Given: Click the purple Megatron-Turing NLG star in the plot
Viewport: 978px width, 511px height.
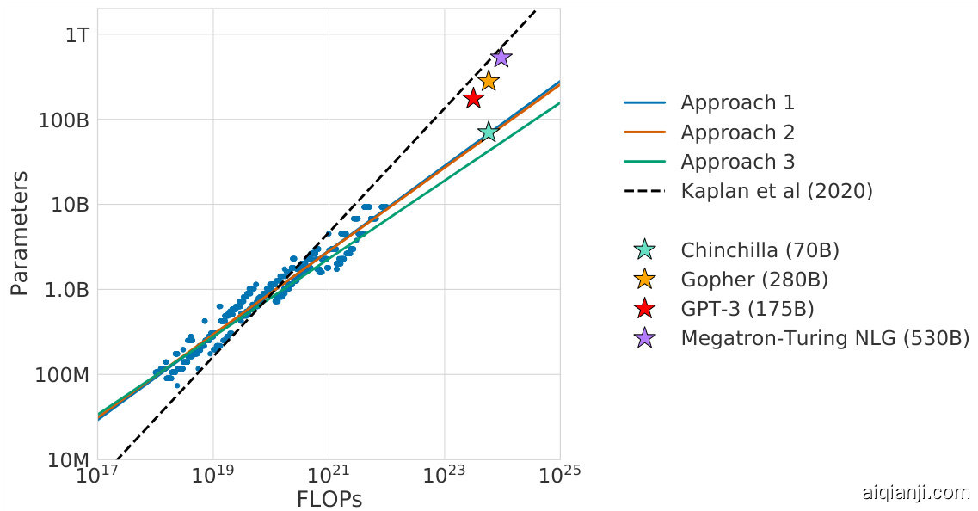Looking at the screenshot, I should (x=501, y=58).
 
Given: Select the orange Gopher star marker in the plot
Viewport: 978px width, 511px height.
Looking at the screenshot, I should (x=489, y=81).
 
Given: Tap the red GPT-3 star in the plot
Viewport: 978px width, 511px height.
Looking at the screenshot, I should (x=473, y=98).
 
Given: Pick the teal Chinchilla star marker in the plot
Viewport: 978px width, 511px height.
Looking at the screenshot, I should (x=489, y=132).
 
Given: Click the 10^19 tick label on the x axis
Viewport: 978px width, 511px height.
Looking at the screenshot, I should (x=212, y=476).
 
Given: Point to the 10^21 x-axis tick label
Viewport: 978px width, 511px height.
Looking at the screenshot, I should (x=328, y=476).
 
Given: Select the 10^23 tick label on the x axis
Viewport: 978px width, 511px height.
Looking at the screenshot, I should (x=444, y=476).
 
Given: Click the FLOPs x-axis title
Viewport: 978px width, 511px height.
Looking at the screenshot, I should (x=329, y=500).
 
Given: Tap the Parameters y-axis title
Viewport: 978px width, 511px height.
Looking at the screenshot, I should (x=19, y=233).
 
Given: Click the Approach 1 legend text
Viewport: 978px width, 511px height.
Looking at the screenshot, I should (x=737, y=103).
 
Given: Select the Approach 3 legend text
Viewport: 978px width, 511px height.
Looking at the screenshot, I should (x=737, y=162).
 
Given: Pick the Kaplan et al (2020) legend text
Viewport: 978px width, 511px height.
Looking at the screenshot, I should (x=776, y=191).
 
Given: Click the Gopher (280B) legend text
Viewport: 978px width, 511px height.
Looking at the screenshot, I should (x=753, y=280).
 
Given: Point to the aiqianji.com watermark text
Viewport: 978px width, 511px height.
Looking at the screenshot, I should (x=915, y=493).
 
